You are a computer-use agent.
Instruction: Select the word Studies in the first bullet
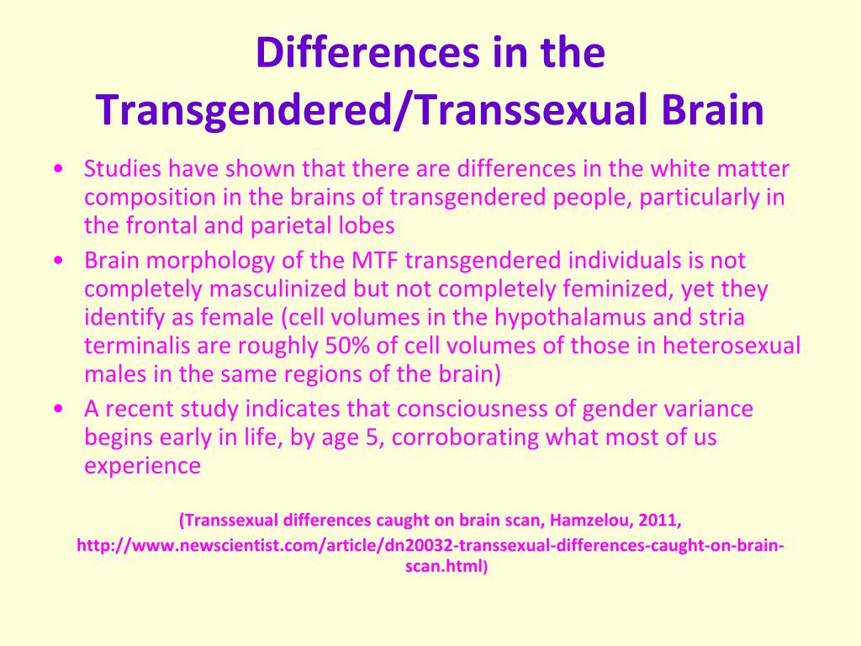click(x=123, y=168)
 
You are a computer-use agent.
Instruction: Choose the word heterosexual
click(x=732, y=346)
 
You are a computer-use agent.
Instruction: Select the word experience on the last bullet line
click(x=142, y=467)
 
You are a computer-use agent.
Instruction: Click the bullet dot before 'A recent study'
click(x=59, y=410)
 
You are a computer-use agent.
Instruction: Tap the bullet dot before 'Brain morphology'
click(x=59, y=261)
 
